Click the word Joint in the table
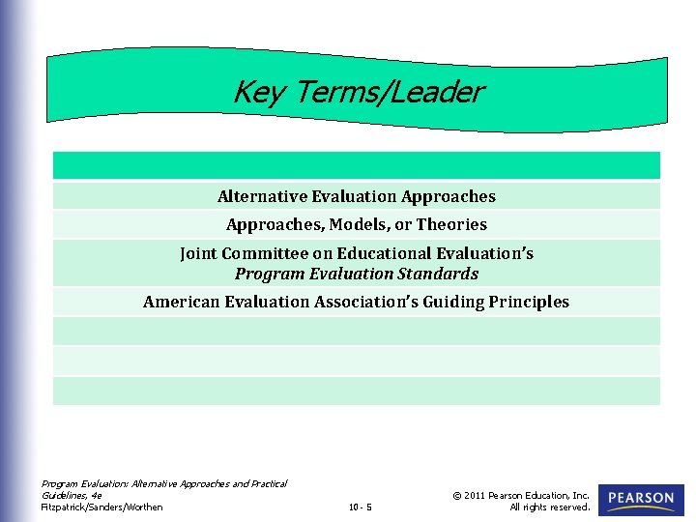[x=198, y=253]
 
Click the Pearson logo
[x=641, y=500]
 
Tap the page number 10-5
[x=360, y=507]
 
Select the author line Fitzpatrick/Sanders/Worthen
[x=101, y=507]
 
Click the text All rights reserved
[x=549, y=507]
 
